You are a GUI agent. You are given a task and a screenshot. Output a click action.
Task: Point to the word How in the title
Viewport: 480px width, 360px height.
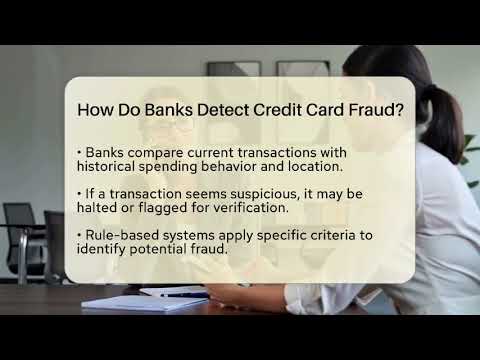pyautogui.click(x=96, y=110)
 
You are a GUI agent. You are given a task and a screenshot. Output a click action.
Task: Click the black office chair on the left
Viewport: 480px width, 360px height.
pyautogui.click(x=20, y=235)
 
